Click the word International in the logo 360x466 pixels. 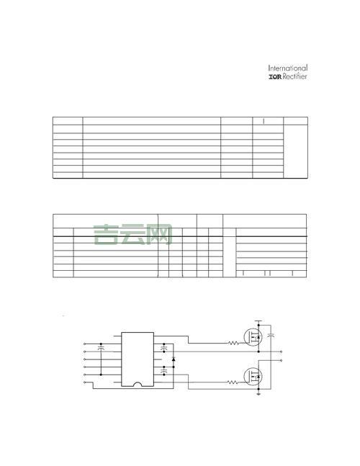[288, 68]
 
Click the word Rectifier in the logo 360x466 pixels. [294, 76]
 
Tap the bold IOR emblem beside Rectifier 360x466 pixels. [275, 77]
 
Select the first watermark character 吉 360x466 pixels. [106, 235]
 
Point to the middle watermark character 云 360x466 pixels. [132, 235]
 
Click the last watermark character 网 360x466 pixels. [160, 235]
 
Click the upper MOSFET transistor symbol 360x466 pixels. [253, 337]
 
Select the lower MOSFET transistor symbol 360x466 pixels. [253, 376]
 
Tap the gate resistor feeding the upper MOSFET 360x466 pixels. [233, 344]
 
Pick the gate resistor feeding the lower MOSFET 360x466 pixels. [233, 382]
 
